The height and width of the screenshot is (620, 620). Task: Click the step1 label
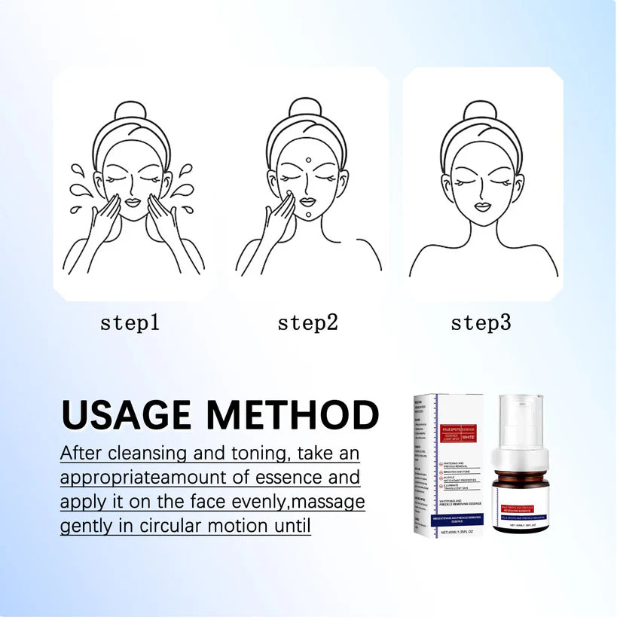click(130, 323)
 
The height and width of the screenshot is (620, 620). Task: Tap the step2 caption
click(307, 323)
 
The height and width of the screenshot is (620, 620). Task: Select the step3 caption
click(481, 323)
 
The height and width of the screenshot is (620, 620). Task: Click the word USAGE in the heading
click(127, 415)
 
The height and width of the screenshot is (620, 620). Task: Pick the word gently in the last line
click(84, 526)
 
